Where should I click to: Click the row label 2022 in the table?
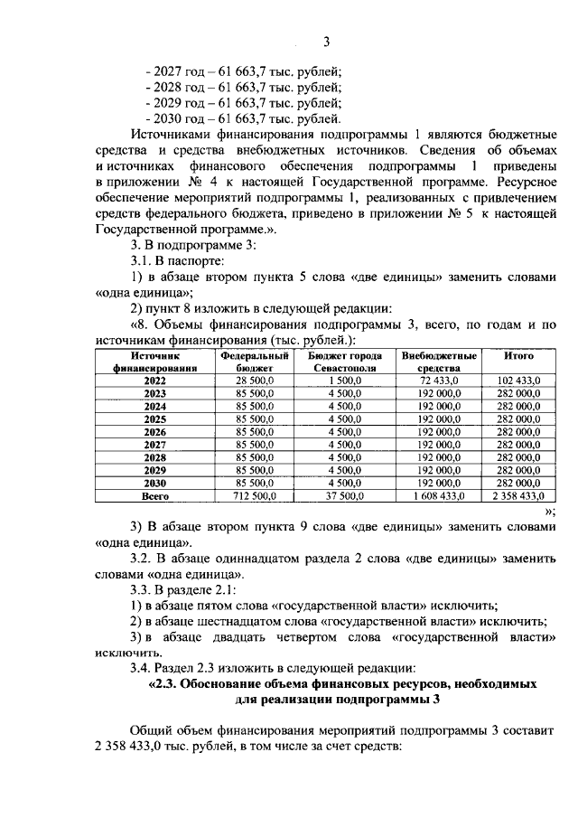pos(154,381)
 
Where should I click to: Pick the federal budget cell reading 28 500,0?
pos(254,381)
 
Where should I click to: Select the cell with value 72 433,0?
pos(439,381)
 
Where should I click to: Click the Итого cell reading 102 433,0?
pos(519,381)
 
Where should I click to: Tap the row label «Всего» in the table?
pos(154,496)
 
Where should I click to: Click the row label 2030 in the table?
pos(154,483)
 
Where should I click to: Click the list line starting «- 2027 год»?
pos(243,71)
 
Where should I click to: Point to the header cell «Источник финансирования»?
pos(154,362)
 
